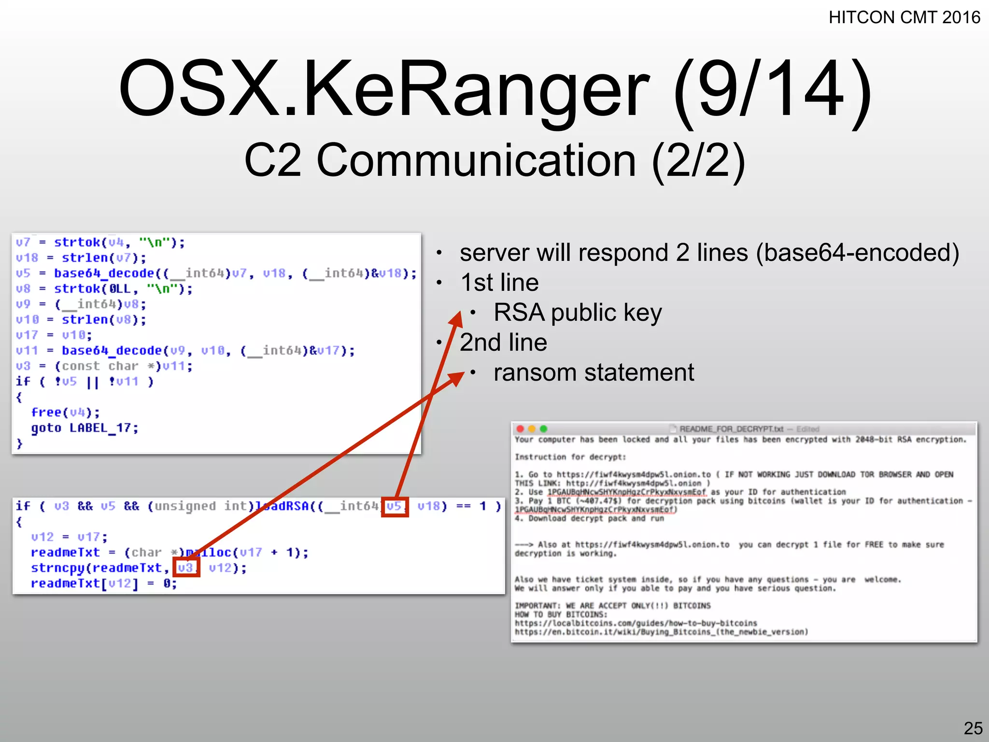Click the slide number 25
pos(973,728)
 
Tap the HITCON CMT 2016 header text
pos(904,18)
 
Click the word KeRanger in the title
pos(476,88)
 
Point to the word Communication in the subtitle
pos(476,160)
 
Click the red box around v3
pos(186,568)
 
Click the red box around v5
pos(395,507)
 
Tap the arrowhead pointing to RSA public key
pos(456,318)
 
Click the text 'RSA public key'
pos(577,313)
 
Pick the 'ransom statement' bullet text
pos(593,372)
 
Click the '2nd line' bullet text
pos(503,342)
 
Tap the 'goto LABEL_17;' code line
pos(85,428)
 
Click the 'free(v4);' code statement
pos(65,413)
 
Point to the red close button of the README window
pos(520,428)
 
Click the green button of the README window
pos(543,428)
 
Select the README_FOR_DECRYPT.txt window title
pos(731,429)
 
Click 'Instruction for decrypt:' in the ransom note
pos(570,457)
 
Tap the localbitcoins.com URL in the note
pos(636,623)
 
